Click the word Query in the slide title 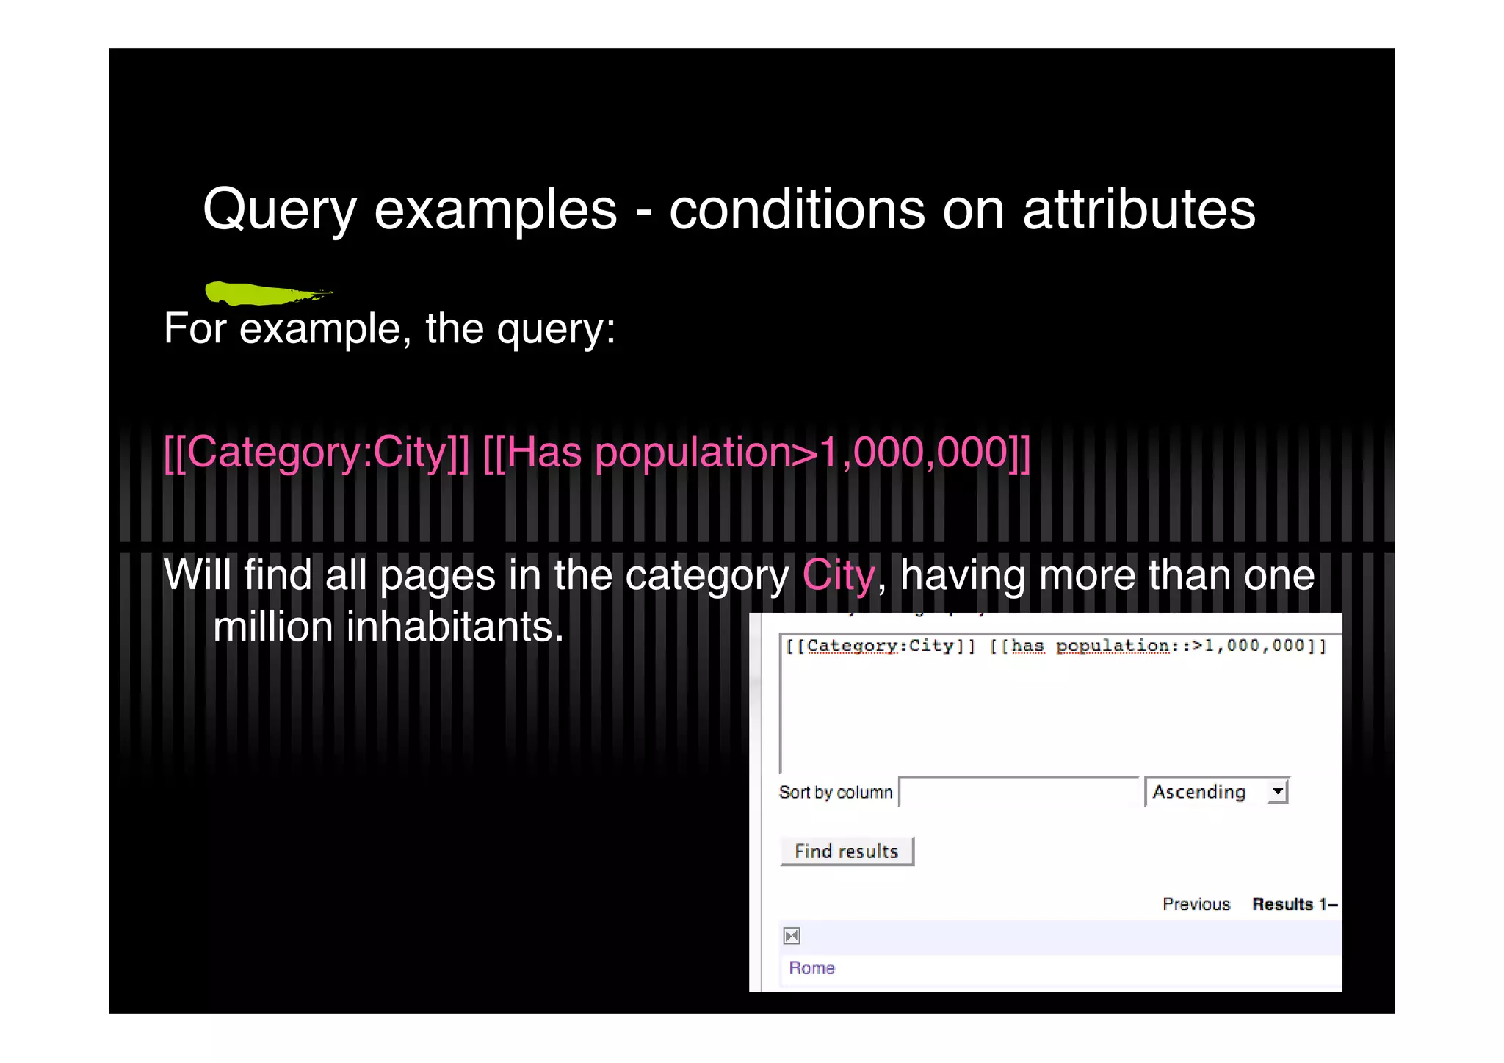pos(279,211)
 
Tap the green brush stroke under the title pos(264,293)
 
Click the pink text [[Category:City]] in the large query pos(317,453)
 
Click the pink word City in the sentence pos(839,575)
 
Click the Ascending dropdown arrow pos(1278,791)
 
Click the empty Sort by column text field pos(1018,792)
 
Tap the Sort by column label pos(836,793)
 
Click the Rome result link pos(811,968)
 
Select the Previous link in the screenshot pos(1196,904)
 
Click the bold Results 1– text pos(1294,904)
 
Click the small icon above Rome pos(792,936)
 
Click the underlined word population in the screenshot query pos(1113,646)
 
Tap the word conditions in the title pos(797,211)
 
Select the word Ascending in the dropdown pos(1198,792)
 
